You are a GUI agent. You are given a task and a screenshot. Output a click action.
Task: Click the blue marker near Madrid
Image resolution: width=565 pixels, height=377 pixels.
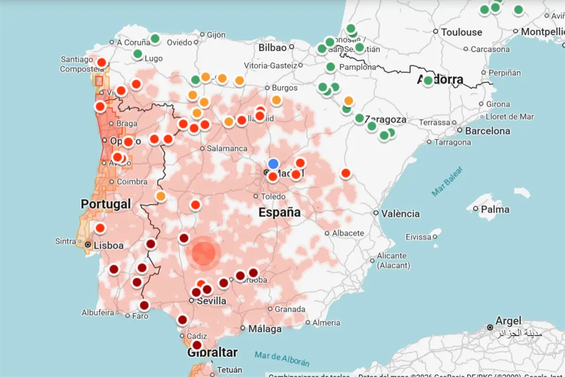click(273, 164)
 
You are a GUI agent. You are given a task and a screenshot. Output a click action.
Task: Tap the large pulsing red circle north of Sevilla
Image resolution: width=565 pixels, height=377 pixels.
click(203, 253)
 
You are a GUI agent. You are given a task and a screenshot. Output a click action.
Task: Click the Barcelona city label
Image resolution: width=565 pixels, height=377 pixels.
click(487, 131)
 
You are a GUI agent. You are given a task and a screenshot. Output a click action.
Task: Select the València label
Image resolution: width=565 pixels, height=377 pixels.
click(400, 213)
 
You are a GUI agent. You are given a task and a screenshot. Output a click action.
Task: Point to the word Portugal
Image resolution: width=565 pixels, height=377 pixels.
click(105, 204)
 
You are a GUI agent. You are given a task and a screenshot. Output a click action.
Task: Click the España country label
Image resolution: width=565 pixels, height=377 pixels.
click(279, 213)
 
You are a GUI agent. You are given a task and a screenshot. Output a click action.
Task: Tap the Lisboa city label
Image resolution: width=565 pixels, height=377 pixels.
click(109, 246)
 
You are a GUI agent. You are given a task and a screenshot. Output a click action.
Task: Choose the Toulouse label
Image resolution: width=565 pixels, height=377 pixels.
click(461, 33)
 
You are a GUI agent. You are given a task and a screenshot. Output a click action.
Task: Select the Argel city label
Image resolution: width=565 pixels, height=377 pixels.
click(508, 321)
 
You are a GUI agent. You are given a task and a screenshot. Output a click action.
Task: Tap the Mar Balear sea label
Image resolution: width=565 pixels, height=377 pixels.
click(447, 181)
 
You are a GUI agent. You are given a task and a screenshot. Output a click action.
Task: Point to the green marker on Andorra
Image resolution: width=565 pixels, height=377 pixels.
click(428, 81)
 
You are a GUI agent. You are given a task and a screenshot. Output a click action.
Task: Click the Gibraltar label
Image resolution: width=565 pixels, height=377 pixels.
click(212, 352)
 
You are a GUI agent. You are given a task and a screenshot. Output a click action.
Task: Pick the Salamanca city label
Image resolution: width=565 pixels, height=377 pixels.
click(227, 148)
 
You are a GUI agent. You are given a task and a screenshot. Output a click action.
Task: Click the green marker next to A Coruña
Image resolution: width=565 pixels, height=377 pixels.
click(155, 39)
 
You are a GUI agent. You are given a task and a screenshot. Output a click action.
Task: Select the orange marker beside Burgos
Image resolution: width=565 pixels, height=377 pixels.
click(276, 100)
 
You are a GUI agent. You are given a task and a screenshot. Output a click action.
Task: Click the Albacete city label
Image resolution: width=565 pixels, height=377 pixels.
click(348, 233)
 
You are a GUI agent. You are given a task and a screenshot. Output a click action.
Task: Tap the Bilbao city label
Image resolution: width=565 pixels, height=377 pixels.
click(272, 47)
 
